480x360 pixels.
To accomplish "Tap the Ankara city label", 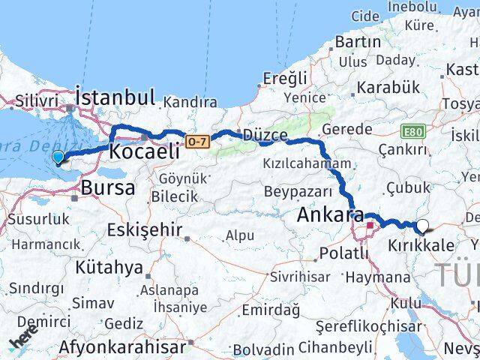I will click(331, 214).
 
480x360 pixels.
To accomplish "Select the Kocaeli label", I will click(144, 151).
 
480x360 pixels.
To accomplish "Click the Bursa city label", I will click(109, 187).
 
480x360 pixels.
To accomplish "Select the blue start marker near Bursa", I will click(58, 157).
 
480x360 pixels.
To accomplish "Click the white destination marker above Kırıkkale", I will click(423, 225).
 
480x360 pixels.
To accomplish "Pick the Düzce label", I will click(263, 135).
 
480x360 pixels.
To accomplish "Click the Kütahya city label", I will click(109, 267).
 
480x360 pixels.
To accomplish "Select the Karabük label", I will click(388, 87).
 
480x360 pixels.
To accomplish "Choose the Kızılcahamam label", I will click(307, 163).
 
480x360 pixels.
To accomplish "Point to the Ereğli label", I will click(286, 78).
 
